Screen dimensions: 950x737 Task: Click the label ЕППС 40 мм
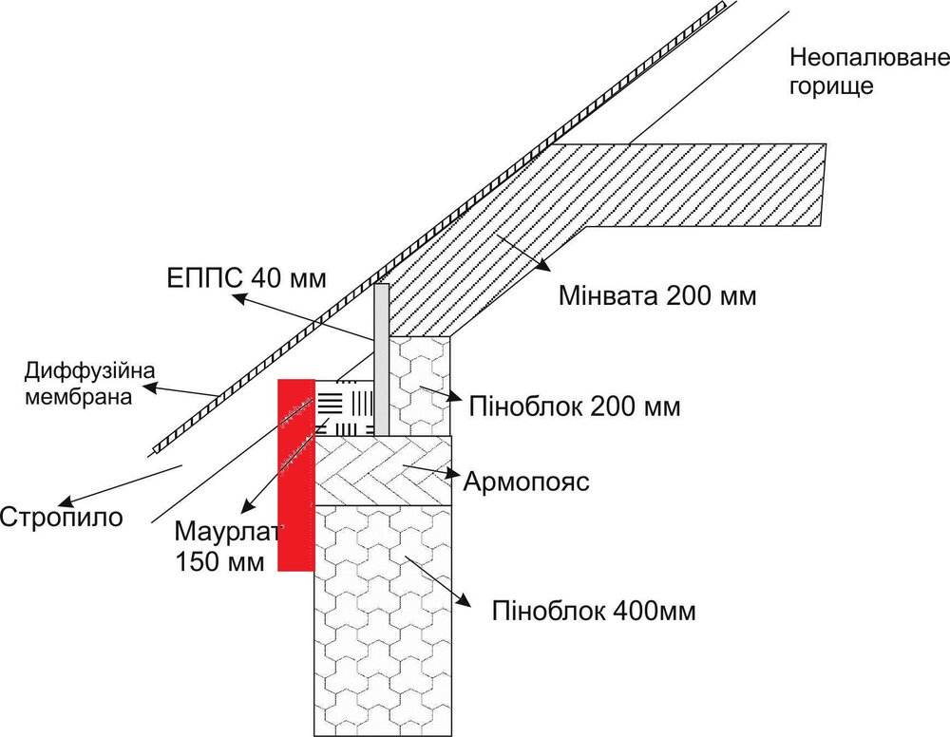point(246,278)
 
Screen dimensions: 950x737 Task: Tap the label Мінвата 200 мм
point(657,296)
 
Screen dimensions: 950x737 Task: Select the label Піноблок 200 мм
point(575,406)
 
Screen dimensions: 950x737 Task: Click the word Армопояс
point(526,482)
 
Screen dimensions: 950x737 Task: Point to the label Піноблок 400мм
point(594,611)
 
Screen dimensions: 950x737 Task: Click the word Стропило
point(61,518)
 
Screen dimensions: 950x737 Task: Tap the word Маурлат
point(228,531)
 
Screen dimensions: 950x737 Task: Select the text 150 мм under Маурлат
point(219,561)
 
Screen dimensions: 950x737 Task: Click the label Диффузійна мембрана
point(89,384)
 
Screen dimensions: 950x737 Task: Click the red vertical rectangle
point(295,475)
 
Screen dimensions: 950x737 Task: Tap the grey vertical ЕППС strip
point(381,359)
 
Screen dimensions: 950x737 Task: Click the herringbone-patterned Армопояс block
point(383,470)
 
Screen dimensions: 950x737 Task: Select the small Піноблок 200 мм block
point(419,386)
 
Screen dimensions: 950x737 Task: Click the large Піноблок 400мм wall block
point(383,620)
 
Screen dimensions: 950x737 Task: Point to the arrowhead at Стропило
point(65,502)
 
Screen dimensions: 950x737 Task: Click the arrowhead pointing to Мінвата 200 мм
point(541,265)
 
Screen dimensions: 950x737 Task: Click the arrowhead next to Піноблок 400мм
point(465,599)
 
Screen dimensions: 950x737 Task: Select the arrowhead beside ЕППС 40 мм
point(240,298)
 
